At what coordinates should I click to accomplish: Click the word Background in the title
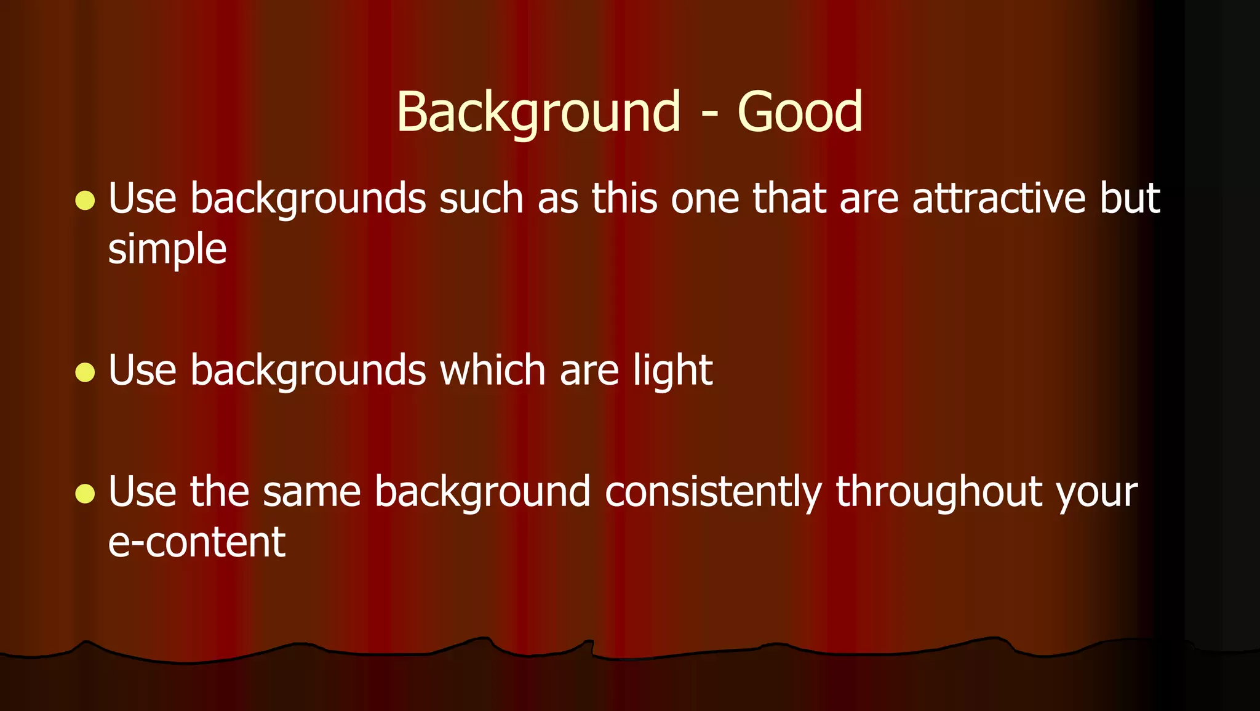538,113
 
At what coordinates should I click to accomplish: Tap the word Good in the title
800,113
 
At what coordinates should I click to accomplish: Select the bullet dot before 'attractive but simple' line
85,200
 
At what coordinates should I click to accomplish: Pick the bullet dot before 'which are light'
85,372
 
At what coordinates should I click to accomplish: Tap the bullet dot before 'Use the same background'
85,493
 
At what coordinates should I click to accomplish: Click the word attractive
999,199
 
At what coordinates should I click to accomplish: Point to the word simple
167,249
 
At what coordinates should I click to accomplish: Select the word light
673,371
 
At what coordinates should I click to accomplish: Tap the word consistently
713,492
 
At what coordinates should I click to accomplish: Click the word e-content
197,543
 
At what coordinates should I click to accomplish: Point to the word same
311,492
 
